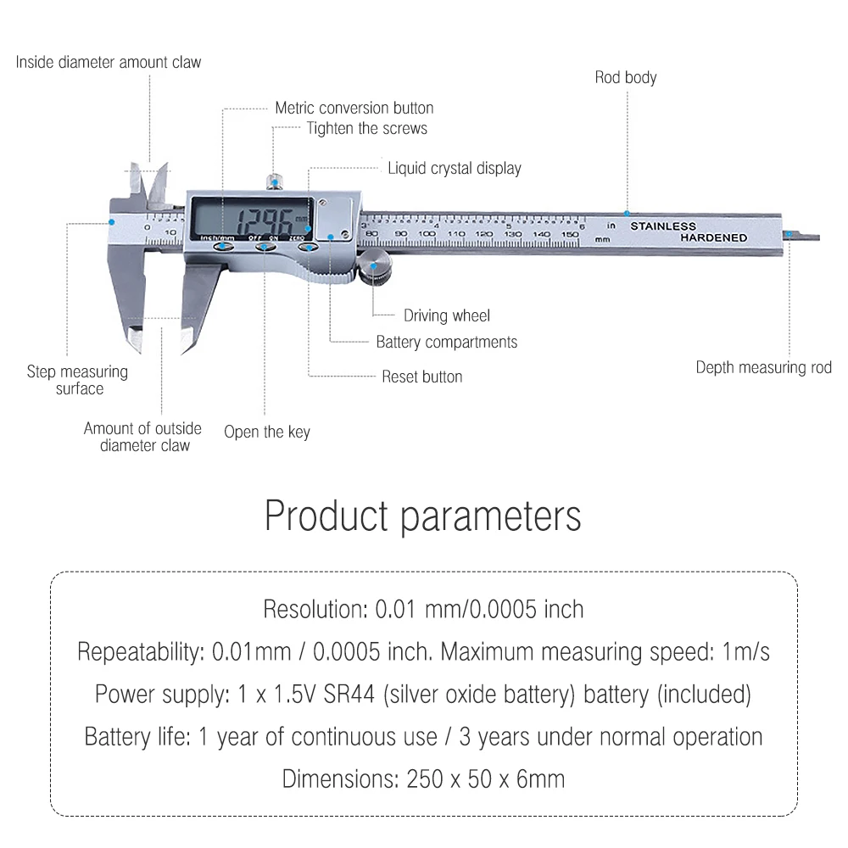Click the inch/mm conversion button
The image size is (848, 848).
pyautogui.click(x=223, y=247)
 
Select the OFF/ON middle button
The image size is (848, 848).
pyautogui.click(x=265, y=247)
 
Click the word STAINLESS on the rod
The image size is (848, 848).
pyautogui.click(x=662, y=226)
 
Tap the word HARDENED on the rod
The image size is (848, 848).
pyautogui.click(x=713, y=238)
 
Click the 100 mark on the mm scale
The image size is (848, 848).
pyautogui.click(x=429, y=234)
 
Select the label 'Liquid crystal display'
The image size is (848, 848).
pyautogui.click(x=454, y=168)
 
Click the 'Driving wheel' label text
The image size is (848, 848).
pyautogui.click(x=446, y=316)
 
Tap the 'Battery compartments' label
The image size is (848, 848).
pyautogui.click(x=446, y=343)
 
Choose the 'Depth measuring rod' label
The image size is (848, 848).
pyautogui.click(x=763, y=368)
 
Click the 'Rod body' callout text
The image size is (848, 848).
pyautogui.click(x=625, y=78)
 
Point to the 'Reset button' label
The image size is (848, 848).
pyautogui.click(x=421, y=377)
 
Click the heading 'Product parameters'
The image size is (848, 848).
pyautogui.click(x=423, y=516)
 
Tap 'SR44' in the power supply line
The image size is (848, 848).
pyautogui.click(x=351, y=695)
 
